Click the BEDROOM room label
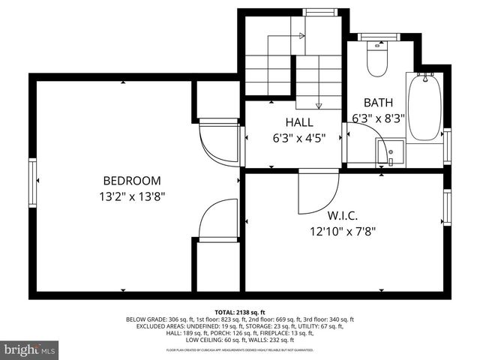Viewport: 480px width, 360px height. click(x=132, y=181)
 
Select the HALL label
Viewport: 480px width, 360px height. click(x=298, y=122)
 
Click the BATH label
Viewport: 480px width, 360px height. click(x=378, y=103)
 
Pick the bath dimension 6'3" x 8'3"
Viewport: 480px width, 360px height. click(x=378, y=118)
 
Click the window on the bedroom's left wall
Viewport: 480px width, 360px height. click(x=33, y=180)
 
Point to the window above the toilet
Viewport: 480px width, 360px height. click(x=376, y=35)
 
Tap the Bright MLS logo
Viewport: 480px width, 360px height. click(x=30, y=349)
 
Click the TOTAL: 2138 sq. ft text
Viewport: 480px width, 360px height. click(x=240, y=312)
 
